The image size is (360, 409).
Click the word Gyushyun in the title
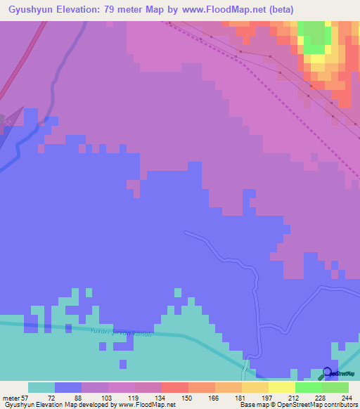pos(30,10)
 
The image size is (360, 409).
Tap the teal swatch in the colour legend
pos(41,387)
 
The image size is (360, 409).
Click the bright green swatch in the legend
pos(309,387)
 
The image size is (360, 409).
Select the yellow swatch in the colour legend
pos(282,387)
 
